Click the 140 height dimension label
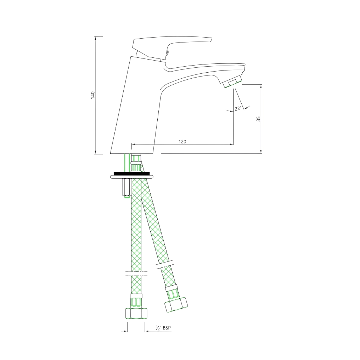coord(93,95)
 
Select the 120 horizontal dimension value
coord(182,141)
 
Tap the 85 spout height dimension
coord(259,119)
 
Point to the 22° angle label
coord(238,108)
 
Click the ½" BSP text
coord(163,328)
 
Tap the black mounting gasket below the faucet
coord(131,174)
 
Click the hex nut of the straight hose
coord(136,313)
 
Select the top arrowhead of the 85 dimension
coord(261,86)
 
